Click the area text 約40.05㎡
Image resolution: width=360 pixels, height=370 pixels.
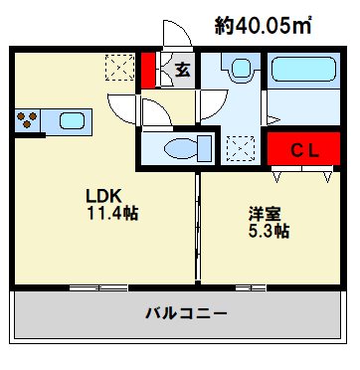(264, 26)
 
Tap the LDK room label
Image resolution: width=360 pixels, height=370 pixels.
(104, 196)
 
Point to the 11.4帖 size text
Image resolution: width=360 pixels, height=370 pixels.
(111, 214)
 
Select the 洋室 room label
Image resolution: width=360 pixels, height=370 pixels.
(264, 213)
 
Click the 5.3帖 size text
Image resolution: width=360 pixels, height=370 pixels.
(269, 231)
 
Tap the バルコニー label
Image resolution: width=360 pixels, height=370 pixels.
(186, 314)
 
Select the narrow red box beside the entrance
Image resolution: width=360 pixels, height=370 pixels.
(147, 70)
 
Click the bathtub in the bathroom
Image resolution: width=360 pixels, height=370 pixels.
(305, 73)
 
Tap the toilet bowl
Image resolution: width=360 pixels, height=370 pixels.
(184, 149)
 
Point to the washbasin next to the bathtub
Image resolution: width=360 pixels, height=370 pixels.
(240, 71)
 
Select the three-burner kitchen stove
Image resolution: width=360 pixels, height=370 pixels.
(28, 121)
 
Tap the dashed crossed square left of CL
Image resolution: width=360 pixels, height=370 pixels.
(241, 149)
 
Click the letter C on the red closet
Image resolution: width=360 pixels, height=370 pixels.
(295, 150)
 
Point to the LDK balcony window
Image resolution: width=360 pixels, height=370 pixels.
(98, 287)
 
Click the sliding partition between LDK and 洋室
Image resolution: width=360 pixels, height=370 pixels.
(198, 229)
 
